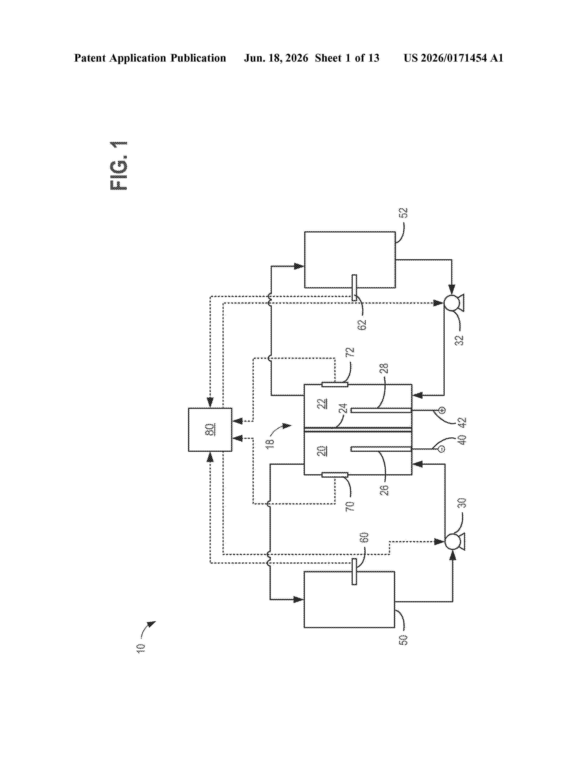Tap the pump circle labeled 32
(x=451, y=303)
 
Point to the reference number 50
(x=403, y=640)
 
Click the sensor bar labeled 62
(x=354, y=288)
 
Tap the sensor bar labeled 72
(x=335, y=385)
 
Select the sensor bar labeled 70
(x=335, y=475)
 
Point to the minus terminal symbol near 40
(x=442, y=450)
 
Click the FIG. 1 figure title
(x=119, y=166)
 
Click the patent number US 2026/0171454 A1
(x=453, y=58)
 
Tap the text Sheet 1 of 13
(x=347, y=58)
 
